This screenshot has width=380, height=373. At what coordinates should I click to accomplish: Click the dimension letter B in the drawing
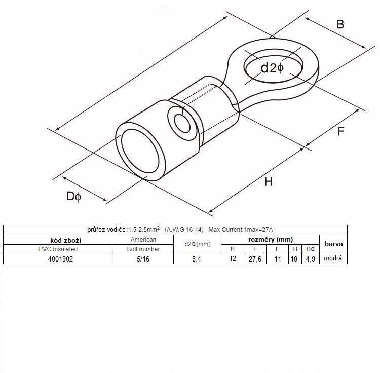click(x=340, y=24)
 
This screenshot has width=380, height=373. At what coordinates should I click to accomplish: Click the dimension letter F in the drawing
click(x=340, y=131)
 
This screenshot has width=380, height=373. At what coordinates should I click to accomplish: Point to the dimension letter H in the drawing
click(x=269, y=181)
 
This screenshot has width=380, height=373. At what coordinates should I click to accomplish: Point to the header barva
click(x=333, y=244)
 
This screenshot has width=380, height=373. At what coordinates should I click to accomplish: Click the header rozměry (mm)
click(x=270, y=239)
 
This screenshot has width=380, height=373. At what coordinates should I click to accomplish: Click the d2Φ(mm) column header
click(x=197, y=244)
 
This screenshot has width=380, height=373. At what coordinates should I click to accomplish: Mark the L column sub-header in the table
click(x=254, y=249)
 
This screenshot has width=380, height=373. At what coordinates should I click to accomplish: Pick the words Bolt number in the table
click(x=143, y=249)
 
